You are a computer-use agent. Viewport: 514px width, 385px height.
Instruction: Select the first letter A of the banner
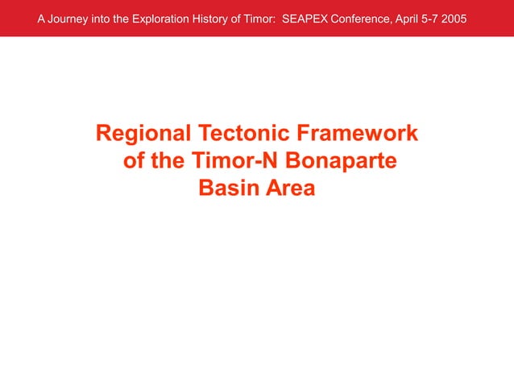pos(42,19)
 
